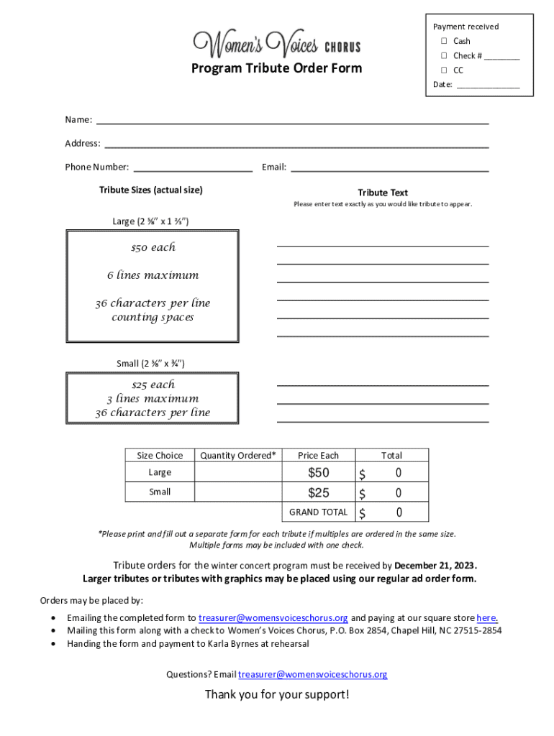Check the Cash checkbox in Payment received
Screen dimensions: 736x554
(x=445, y=41)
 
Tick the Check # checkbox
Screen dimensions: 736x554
(x=445, y=55)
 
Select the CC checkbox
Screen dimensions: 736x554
(x=445, y=70)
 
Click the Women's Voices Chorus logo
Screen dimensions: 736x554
(x=277, y=45)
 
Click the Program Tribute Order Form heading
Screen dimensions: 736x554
(x=277, y=68)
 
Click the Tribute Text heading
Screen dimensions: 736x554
(x=383, y=193)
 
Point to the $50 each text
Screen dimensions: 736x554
(x=153, y=247)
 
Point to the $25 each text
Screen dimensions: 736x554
(x=153, y=385)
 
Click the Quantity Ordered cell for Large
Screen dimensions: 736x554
(x=237, y=472)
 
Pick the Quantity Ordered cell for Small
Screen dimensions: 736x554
(x=237, y=492)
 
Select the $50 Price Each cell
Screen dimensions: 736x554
(x=318, y=472)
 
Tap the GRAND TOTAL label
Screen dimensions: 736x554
(x=318, y=512)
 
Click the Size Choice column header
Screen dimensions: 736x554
(x=160, y=455)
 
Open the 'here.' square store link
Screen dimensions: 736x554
(x=487, y=617)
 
